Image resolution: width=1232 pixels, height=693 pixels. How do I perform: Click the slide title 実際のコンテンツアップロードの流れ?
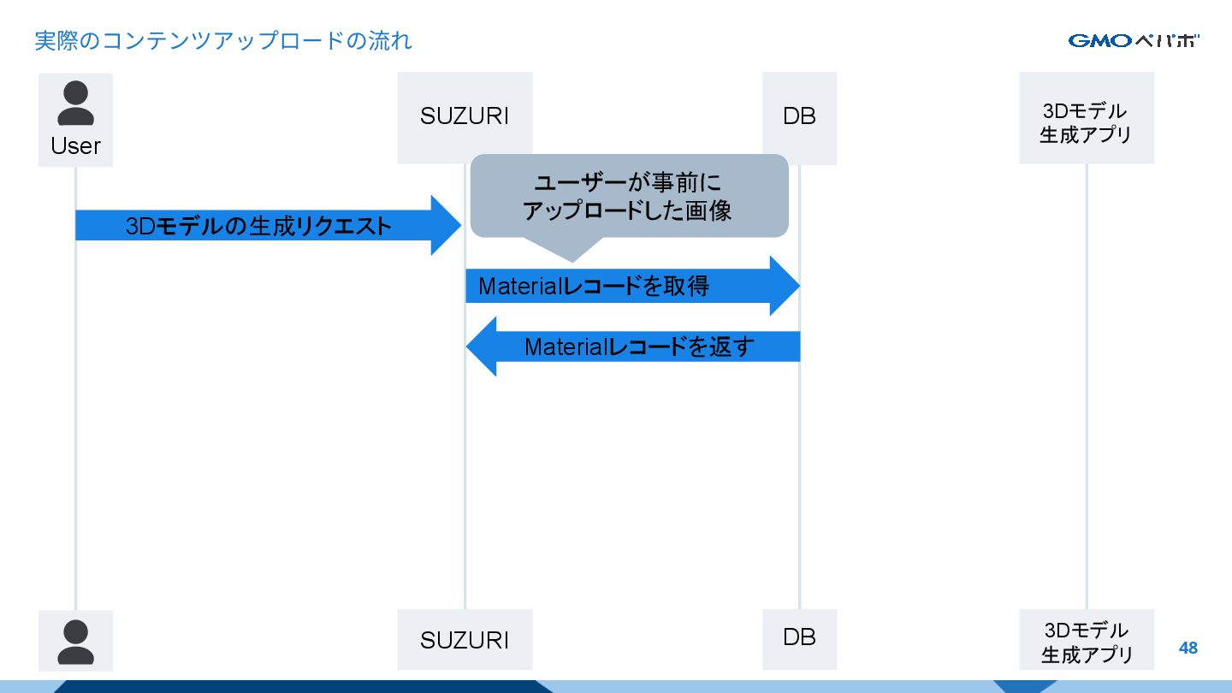point(223,40)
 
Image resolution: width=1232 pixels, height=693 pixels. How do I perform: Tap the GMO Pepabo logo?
point(1134,40)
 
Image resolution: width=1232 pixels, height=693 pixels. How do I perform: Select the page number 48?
point(1188,648)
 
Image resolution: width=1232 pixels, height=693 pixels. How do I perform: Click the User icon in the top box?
point(75,104)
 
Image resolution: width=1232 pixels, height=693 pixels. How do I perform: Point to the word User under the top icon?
point(75,146)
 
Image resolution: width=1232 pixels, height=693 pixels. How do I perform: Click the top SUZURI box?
point(465,116)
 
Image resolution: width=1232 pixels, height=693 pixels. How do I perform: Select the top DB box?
point(799,116)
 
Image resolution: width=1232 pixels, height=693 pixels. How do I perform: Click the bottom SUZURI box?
point(465,639)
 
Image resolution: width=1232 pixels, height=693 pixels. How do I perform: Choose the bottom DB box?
point(799,637)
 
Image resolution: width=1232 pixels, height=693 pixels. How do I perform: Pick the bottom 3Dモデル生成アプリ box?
point(1086,642)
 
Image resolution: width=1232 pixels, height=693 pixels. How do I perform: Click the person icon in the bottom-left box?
point(75,642)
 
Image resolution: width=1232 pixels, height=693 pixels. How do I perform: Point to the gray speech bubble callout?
point(629,197)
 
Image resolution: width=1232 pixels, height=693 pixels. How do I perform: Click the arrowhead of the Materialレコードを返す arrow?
point(483,346)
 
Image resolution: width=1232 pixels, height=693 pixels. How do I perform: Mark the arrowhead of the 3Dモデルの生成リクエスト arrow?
point(445,226)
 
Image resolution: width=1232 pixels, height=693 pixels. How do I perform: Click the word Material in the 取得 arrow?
point(518,286)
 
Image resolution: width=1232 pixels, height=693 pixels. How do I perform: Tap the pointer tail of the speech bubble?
point(571,250)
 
